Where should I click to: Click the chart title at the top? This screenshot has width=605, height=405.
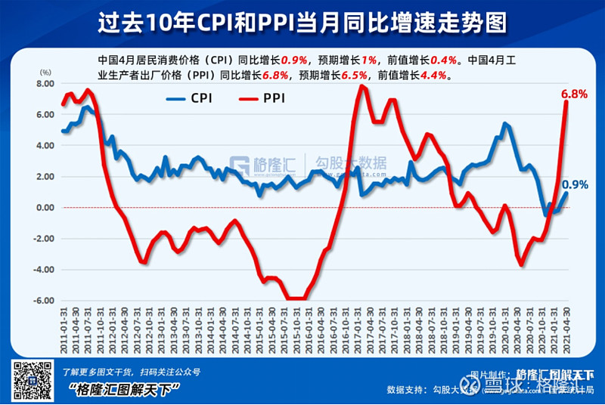pyautogui.click(x=302, y=22)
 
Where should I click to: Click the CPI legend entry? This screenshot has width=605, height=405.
pyautogui.click(x=192, y=97)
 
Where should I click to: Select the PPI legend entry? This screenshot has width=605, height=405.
pyautogui.click(x=260, y=97)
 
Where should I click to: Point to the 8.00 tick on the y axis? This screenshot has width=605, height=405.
pyautogui.click(x=45, y=84)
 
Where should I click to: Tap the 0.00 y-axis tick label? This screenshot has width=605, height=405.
pyautogui.click(x=45, y=208)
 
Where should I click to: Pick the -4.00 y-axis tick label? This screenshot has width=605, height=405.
pyautogui.click(x=43, y=270)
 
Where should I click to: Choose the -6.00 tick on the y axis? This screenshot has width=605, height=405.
pyautogui.click(x=43, y=301)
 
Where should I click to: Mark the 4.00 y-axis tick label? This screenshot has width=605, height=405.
pyautogui.click(x=45, y=146)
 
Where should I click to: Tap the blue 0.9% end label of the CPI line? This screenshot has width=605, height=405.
pyautogui.click(x=575, y=184)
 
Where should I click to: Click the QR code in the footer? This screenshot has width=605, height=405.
pyautogui.click(x=29, y=380)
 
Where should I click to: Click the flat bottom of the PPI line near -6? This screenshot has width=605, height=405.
pyautogui.click(x=296, y=298)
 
